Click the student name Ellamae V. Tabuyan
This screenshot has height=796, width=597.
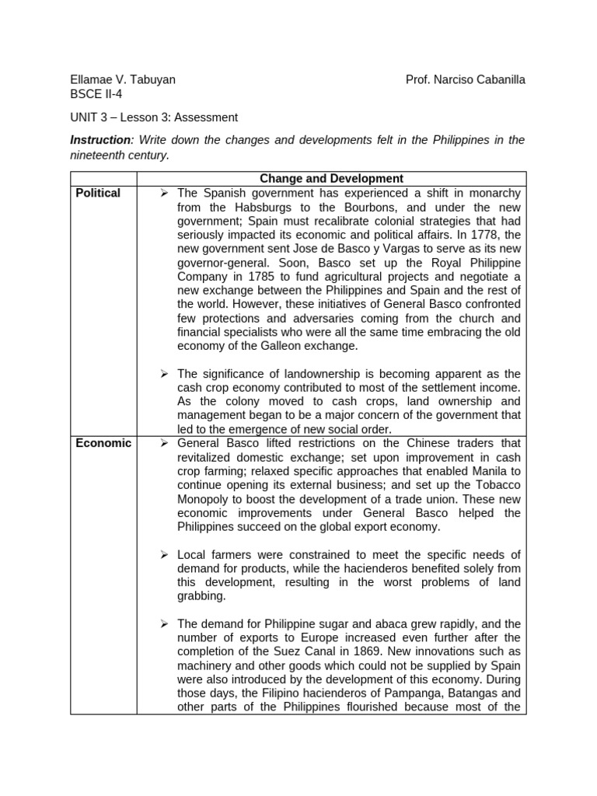[123, 79]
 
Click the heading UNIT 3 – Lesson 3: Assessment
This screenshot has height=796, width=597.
[154, 117]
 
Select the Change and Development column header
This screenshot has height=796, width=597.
[331, 179]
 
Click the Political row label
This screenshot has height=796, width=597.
[98, 193]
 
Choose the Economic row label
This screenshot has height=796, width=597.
[103, 443]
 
